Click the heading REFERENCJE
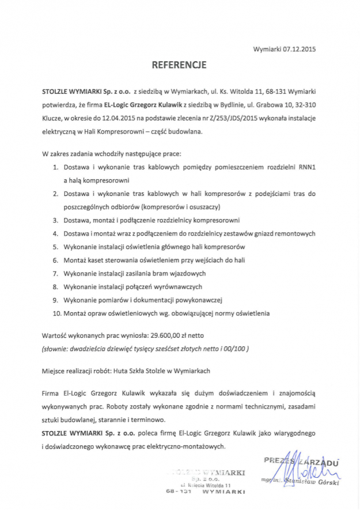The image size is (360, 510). [179, 66]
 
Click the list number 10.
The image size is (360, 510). [56, 313]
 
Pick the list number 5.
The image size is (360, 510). [56, 247]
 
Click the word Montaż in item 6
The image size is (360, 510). [75, 260]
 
